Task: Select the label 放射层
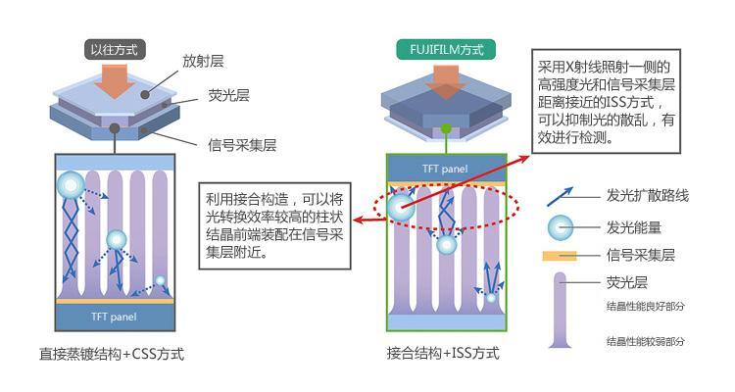pyautogui.click(x=204, y=61)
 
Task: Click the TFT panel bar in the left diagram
pyautogui.click(x=115, y=317)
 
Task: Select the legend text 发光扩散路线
pyautogui.click(x=648, y=196)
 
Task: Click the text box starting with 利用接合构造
pyautogui.click(x=273, y=222)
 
